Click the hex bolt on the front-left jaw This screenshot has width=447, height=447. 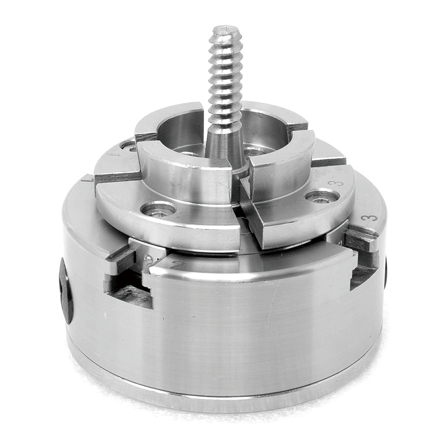tap(158, 210)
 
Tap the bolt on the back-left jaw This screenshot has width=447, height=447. tap(128, 147)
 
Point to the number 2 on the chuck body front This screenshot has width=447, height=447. tap(177, 263)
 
